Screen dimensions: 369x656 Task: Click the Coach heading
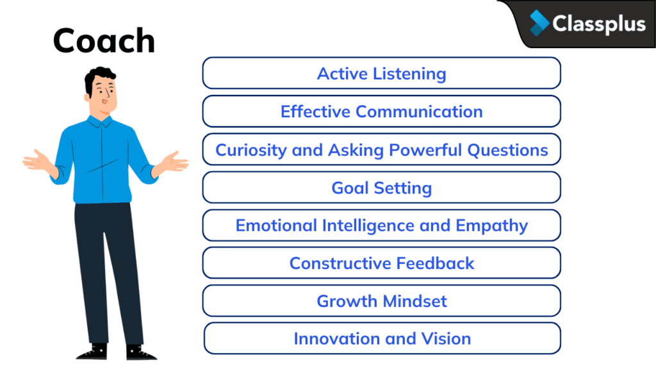click(x=104, y=41)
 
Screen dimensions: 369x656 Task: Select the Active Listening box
click(x=382, y=73)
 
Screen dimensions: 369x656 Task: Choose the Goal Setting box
click(x=382, y=188)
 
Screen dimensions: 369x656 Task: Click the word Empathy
click(x=491, y=225)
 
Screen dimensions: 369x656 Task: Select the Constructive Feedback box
click(x=382, y=263)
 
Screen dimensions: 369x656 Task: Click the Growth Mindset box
click(x=382, y=301)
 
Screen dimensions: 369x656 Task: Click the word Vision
click(x=447, y=339)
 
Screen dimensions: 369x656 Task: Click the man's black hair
click(x=99, y=76)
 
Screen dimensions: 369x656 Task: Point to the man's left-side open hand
click(x=37, y=160)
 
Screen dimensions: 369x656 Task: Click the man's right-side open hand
click(x=173, y=161)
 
